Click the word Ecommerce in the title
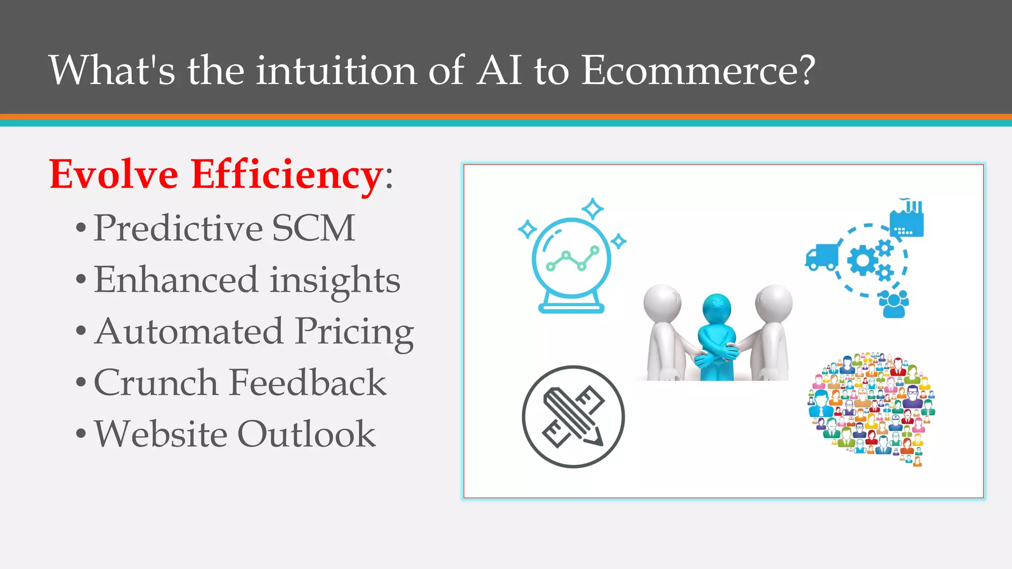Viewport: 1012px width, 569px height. pos(697,70)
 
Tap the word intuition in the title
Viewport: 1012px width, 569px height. pos(336,70)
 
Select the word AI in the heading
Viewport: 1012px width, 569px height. pos(500,70)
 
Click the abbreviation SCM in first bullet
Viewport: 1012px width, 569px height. pos(313,228)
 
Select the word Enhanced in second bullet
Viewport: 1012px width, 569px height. pos(176,280)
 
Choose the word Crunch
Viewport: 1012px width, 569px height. pos(156,383)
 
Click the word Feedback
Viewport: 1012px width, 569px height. pos(307,383)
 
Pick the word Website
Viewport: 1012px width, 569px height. pos(161,434)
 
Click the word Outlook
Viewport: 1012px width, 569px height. pos(306,434)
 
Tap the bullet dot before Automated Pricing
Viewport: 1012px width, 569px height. pos(81,331)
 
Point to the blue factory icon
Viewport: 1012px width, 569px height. pos(907,221)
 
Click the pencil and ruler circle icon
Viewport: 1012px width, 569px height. pos(573,416)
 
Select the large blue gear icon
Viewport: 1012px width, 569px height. pos(862,261)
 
